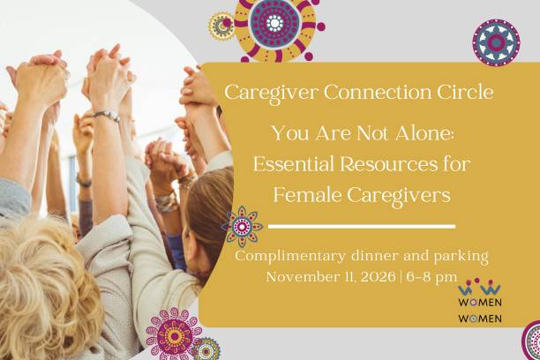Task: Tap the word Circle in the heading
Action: [x=469, y=91]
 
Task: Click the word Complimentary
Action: [x=291, y=257]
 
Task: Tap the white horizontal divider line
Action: [x=361, y=227]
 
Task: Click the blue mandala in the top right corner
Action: [x=495, y=42]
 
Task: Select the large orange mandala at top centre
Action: [x=274, y=28]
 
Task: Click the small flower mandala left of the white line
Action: [x=242, y=226]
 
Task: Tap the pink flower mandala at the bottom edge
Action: [x=173, y=334]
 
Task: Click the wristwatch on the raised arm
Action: [x=107, y=116]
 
